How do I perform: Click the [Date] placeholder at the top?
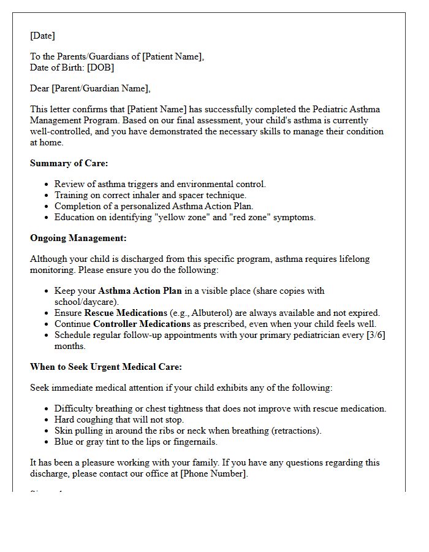point(42,36)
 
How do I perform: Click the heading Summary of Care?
point(69,163)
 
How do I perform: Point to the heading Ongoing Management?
point(78,238)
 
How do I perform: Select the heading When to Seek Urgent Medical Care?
point(105,367)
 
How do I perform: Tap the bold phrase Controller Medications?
point(142,324)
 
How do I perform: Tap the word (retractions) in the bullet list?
point(293,431)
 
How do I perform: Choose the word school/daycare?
point(85,302)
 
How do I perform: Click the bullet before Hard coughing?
point(48,420)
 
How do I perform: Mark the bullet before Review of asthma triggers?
point(48,185)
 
